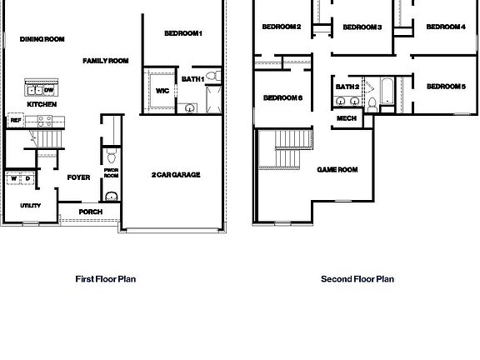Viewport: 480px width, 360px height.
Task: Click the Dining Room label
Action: point(42,39)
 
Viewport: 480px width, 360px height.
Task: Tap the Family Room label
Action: point(106,61)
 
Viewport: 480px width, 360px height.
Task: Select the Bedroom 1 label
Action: point(183,33)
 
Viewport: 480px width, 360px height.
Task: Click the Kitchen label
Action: point(42,105)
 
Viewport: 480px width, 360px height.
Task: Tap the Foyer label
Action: point(78,177)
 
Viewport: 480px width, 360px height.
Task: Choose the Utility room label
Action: point(31,205)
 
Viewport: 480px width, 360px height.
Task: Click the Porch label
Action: point(90,212)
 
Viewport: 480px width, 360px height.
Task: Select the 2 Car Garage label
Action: point(176,175)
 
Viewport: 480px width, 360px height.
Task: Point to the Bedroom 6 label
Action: point(282,98)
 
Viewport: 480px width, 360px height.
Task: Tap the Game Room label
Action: point(337,170)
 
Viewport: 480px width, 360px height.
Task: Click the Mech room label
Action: point(347,118)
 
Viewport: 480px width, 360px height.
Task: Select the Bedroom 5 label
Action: point(446,87)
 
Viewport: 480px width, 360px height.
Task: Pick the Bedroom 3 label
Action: point(362,27)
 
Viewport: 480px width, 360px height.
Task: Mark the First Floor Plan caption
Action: point(106,279)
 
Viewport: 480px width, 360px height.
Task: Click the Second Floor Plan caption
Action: point(357,279)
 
